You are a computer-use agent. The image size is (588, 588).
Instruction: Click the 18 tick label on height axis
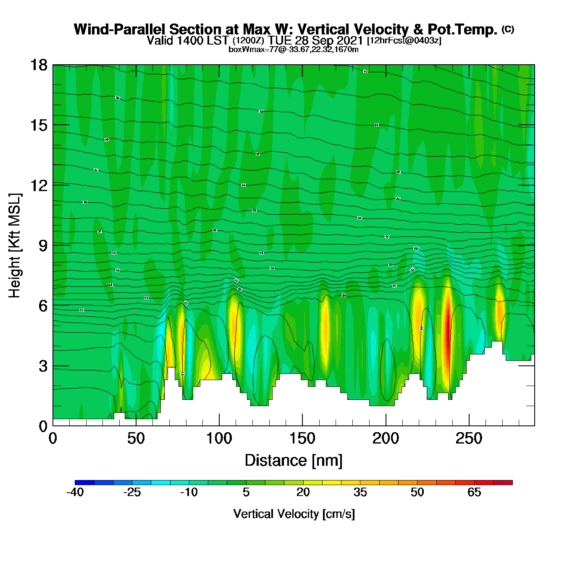(x=38, y=65)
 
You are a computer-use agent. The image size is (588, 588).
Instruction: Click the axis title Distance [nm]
(x=294, y=461)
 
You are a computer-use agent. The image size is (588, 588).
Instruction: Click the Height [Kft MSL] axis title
(x=15, y=246)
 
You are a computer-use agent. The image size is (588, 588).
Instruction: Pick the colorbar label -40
(x=75, y=492)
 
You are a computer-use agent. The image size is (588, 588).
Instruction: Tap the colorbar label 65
(x=474, y=492)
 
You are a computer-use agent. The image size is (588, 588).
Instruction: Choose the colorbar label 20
(x=303, y=492)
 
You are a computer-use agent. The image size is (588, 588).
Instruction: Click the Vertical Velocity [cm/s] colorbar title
(x=294, y=514)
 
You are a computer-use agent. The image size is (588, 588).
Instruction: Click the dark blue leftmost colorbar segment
(x=84, y=483)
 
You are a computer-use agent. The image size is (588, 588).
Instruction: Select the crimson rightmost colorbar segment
(x=503, y=483)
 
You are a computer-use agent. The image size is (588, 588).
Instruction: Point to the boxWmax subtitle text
(x=294, y=50)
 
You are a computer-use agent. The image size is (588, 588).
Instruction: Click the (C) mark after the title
(x=508, y=29)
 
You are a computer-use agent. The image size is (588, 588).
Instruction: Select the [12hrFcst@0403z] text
(x=404, y=41)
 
